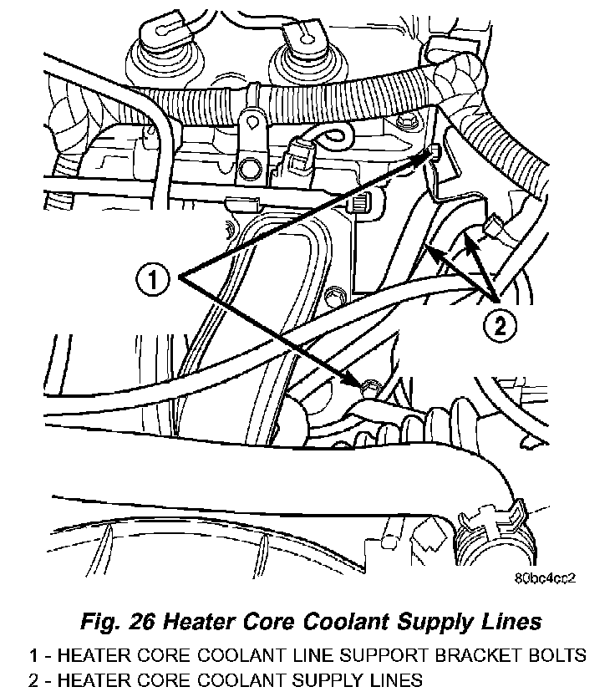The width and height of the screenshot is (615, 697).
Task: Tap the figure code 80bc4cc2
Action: point(546,577)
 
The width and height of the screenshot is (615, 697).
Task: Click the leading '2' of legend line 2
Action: point(35,679)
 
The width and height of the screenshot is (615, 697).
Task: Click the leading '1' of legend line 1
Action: point(35,654)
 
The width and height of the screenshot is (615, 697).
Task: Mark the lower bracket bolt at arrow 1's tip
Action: point(368,384)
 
